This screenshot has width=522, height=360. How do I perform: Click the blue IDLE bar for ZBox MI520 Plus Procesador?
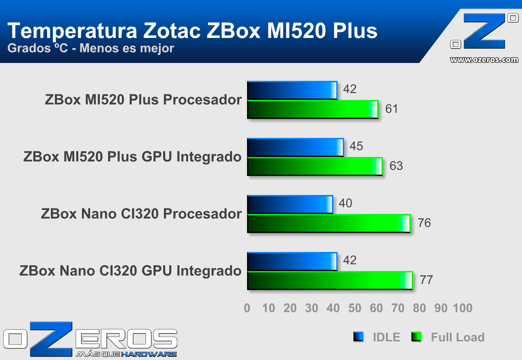(x=292, y=90)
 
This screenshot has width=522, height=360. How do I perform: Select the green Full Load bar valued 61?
(x=312, y=110)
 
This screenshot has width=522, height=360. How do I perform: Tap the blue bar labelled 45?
(x=295, y=147)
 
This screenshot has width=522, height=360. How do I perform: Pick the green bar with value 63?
(x=314, y=167)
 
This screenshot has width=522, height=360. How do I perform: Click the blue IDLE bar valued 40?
(x=290, y=205)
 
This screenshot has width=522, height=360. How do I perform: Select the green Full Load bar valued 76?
(x=329, y=224)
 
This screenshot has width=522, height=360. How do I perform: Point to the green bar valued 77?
(x=330, y=280)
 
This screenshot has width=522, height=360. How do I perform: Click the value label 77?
(x=426, y=280)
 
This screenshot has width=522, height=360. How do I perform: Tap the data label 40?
(x=345, y=203)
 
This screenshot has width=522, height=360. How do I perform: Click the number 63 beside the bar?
(x=396, y=166)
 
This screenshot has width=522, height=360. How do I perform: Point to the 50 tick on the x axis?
(x=354, y=308)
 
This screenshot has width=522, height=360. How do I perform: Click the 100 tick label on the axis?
(x=462, y=308)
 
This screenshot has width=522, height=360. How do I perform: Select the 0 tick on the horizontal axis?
(x=247, y=308)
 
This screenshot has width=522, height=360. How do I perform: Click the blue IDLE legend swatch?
(x=358, y=337)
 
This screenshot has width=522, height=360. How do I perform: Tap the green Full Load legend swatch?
(x=416, y=337)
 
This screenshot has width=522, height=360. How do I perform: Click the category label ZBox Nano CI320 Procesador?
(x=141, y=214)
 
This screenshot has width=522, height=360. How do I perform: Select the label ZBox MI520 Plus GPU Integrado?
(x=132, y=157)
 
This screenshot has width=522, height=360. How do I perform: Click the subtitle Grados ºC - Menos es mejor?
(x=91, y=48)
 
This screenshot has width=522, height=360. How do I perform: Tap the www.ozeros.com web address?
(x=484, y=60)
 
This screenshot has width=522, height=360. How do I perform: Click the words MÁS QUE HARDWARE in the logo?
(x=126, y=354)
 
